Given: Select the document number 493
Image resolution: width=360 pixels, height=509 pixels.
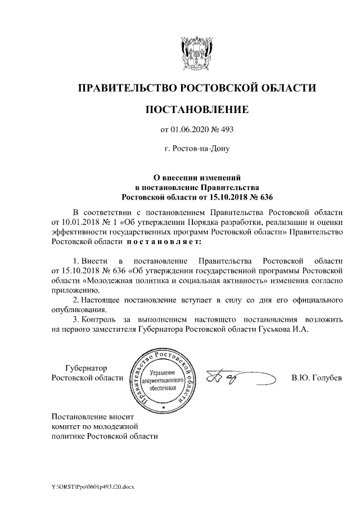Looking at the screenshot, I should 226,130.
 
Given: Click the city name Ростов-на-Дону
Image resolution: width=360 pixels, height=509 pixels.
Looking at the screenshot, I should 196,149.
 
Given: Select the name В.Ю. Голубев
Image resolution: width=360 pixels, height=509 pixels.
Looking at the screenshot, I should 316,377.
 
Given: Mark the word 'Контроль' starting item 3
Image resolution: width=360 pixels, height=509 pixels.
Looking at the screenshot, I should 100,319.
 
